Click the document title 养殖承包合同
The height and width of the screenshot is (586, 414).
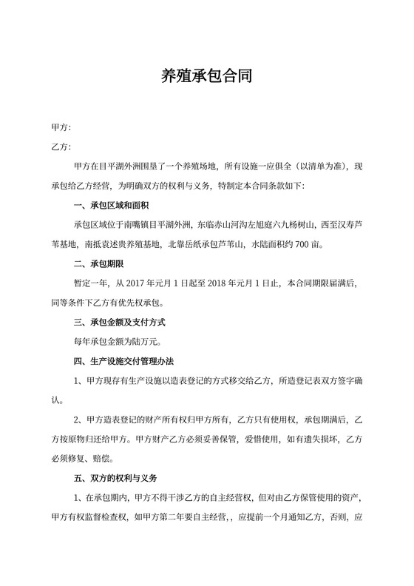tap(206, 75)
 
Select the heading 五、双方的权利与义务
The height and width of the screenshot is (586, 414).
tap(116, 477)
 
